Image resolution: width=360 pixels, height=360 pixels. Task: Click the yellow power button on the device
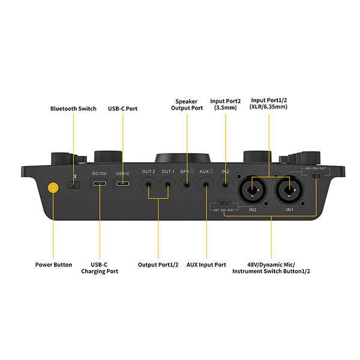(x=54, y=187)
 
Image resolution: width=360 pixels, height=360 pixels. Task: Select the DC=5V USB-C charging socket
(x=100, y=182)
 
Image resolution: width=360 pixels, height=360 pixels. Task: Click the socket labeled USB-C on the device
(x=122, y=182)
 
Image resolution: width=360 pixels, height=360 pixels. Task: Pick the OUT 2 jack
(x=149, y=187)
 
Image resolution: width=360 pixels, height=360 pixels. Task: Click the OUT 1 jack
(x=167, y=187)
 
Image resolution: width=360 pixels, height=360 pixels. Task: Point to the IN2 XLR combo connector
(x=253, y=191)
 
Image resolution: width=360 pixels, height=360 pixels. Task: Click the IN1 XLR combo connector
(x=289, y=191)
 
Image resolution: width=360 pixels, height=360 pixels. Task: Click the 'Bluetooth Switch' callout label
(x=74, y=109)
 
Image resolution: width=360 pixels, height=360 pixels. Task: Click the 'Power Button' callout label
(x=54, y=265)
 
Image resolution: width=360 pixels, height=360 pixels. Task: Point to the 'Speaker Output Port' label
(x=187, y=105)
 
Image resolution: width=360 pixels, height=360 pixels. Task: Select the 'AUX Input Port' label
(x=206, y=265)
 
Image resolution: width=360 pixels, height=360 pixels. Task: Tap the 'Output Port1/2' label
(x=158, y=265)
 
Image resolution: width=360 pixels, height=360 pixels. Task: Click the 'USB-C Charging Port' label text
(x=100, y=268)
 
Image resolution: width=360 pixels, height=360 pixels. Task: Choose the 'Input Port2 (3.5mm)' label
(x=226, y=105)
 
